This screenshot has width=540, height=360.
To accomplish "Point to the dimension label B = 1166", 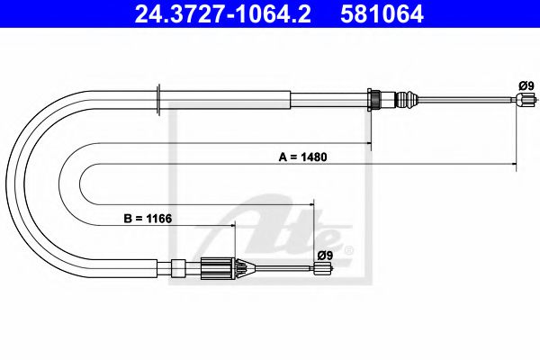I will pos(148,218).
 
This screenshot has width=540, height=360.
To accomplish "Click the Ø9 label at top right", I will pos(526,85).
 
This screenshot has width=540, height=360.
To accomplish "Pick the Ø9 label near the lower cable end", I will pos(325,255).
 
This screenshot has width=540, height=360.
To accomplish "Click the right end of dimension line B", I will pos(312,226).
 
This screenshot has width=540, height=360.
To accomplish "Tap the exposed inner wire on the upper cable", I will pos(468,102).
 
